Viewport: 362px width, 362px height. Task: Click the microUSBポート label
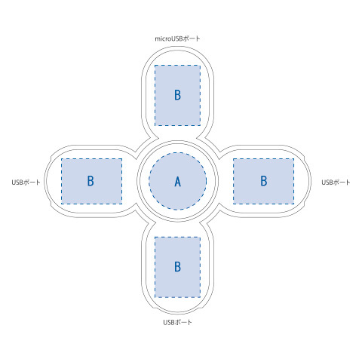coord(177,38)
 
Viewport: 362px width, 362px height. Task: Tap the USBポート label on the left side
coord(26,183)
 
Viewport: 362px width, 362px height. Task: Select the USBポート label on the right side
coord(336,183)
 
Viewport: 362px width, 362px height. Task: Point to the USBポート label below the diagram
coord(177,322)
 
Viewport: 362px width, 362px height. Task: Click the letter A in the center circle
coord(178,182)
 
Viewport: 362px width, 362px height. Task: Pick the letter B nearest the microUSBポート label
coord(177,95)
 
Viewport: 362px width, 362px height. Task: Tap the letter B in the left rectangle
coord(90,181)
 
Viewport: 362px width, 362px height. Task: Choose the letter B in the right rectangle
coord(264,181)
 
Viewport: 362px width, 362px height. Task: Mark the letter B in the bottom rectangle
coord(177,267)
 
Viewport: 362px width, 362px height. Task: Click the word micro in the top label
coord(163,39)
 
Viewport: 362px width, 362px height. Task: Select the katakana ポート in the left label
coord(32,183)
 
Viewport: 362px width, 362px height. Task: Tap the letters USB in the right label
coord(327,183)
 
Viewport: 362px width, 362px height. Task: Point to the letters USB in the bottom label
coord(169,322)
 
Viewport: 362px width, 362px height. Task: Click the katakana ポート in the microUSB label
coord(192,38)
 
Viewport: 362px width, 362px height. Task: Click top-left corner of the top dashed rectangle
coord(155,66)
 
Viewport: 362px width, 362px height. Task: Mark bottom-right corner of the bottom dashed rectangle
coord(201,297)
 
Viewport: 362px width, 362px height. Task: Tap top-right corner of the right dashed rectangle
coord(294,158)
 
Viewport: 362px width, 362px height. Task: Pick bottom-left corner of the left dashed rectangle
coord(61,204)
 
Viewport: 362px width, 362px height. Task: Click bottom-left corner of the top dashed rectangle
coord(155,125)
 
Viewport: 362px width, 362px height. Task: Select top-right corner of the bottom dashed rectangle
coord(201,237)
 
